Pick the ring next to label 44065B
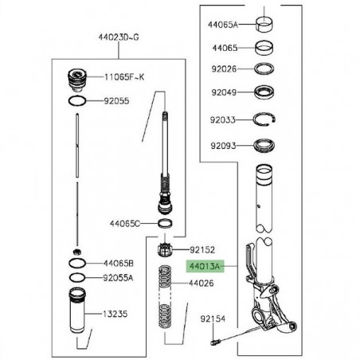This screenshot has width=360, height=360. coord(76,263)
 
